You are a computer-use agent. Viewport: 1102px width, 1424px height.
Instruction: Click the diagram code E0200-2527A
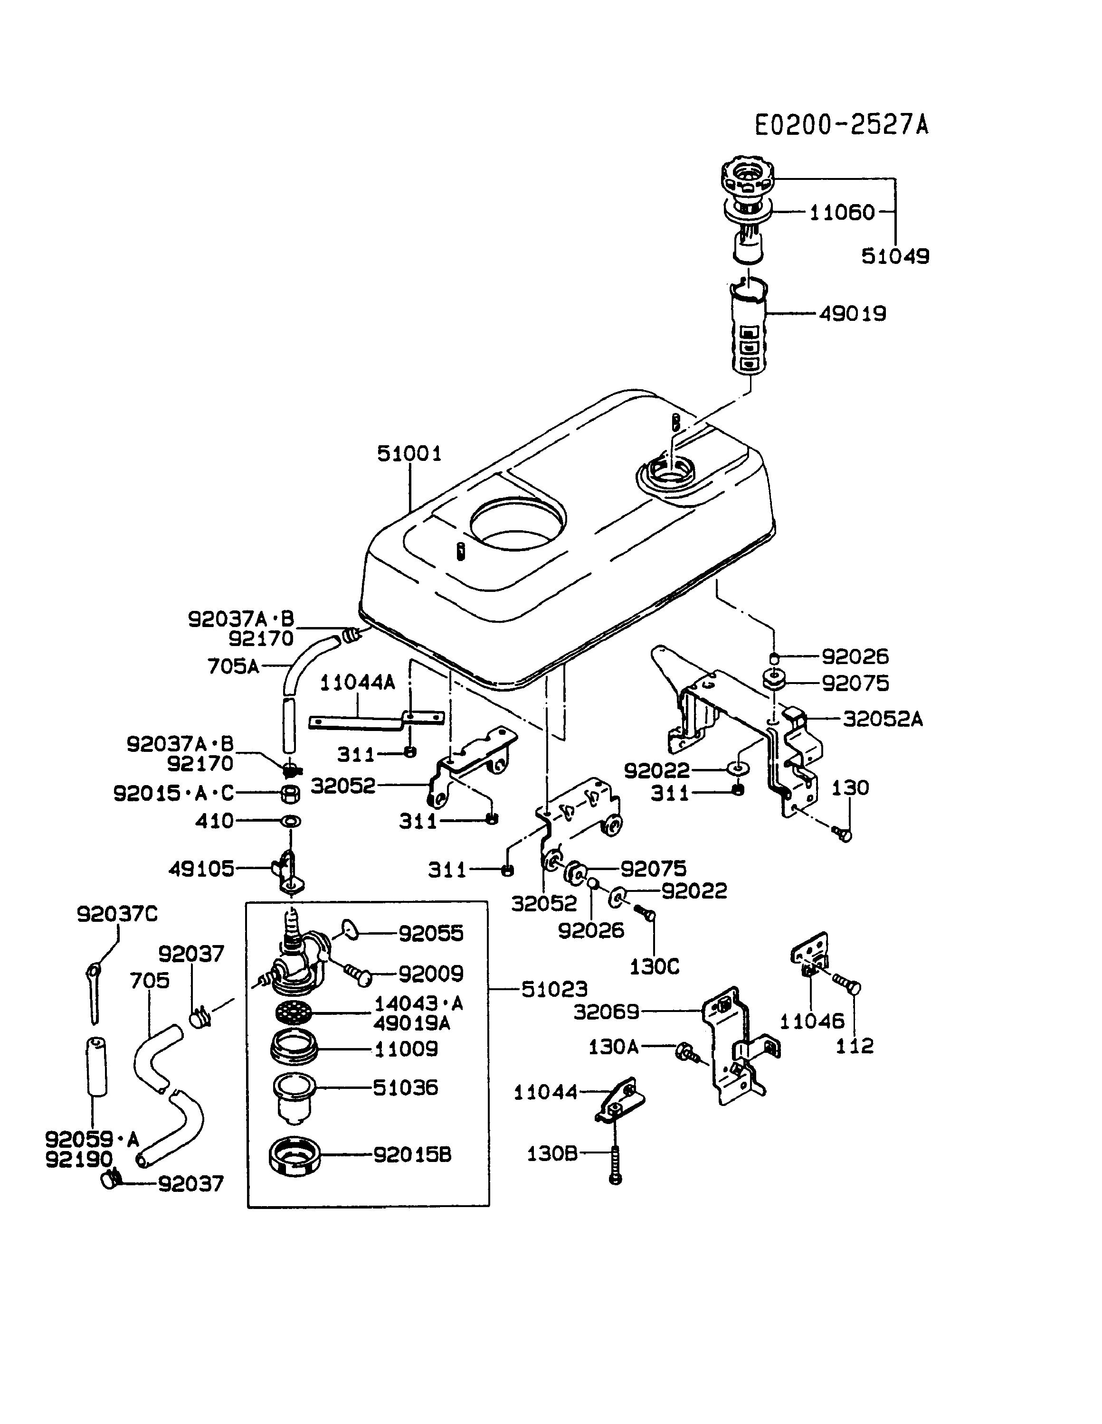tap(842, 124)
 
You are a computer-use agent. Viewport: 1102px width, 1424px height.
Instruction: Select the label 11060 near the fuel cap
tap(842, 213)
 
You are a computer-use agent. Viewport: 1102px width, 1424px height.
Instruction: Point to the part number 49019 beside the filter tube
tap(853, 314)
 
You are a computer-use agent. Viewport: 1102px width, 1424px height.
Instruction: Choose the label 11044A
tap(358, 682)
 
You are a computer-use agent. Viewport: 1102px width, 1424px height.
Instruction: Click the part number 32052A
tap(883, 719)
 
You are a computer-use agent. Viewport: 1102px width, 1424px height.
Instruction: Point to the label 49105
tap(201, 869)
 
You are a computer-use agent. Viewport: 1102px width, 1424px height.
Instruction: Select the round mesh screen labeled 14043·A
tap(294, 1013)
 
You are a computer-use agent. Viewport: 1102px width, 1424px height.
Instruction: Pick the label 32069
tap(607, 1012)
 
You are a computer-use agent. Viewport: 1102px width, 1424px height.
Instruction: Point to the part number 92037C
tap(117, 914)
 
